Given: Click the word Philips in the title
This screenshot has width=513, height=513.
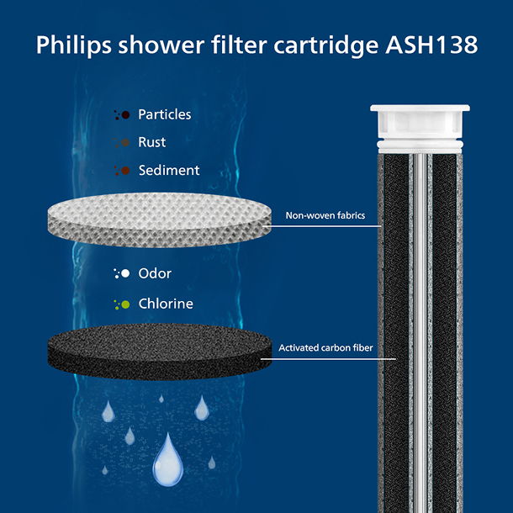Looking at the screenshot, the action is [x=74, y=45].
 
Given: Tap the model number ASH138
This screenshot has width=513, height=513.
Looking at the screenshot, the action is [x=431, y=45].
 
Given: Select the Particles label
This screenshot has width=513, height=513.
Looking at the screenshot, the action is [x=165, y=114].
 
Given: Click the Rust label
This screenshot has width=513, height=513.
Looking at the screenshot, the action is [x=152, y=142].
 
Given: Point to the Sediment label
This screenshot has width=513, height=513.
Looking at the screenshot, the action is [x=169, y=170].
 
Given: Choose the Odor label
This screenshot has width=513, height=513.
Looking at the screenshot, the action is [x=155, y=273].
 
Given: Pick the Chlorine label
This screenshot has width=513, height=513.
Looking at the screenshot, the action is [x=166, y=304].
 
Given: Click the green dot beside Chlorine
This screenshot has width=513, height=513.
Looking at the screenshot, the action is [x=125, y=304].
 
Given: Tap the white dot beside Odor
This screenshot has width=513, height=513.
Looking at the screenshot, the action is [x=125, y=273].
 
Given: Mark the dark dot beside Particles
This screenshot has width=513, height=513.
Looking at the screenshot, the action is [x=125, y=115].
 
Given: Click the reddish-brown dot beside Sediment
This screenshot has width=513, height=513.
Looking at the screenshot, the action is [x=125, y=171].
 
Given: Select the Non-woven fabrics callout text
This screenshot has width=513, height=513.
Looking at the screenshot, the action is [x=325, y=215].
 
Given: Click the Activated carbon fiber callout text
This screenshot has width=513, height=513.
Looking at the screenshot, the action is [x=325, y=347].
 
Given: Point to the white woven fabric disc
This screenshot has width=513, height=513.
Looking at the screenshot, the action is [x=160, y=219].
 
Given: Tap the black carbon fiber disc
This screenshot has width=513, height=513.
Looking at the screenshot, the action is [x=160, y=352].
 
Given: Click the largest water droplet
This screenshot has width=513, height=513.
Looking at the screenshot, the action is [x=168, y=462].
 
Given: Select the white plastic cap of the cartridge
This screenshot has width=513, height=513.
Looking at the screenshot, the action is [x=420, y=129].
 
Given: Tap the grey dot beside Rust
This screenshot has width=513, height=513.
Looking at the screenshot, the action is [x=125, y=142].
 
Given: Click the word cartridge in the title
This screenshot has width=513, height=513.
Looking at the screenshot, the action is [x=326, y=45].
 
